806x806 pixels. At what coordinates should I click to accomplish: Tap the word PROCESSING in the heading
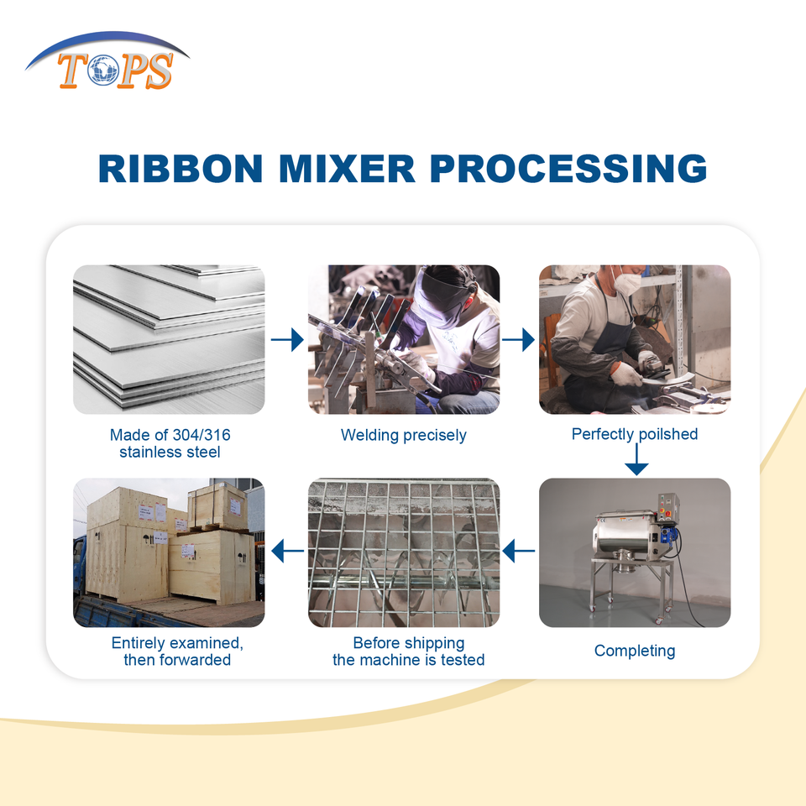[568, 168]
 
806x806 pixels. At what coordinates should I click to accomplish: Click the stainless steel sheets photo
[169, 339]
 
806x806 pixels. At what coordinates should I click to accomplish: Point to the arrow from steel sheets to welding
[287, 339]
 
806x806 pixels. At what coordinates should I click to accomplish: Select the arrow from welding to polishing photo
[518, 339]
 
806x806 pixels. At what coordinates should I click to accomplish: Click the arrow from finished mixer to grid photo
[518, 552]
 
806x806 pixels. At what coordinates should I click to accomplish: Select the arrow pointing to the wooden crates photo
[287, 552]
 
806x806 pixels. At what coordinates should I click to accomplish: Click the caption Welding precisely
[403, 435]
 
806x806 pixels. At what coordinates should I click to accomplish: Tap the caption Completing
[635, 651]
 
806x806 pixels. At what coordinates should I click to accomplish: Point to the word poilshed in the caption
[667, 434]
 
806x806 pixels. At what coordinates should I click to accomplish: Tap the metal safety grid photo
[404, 552]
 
